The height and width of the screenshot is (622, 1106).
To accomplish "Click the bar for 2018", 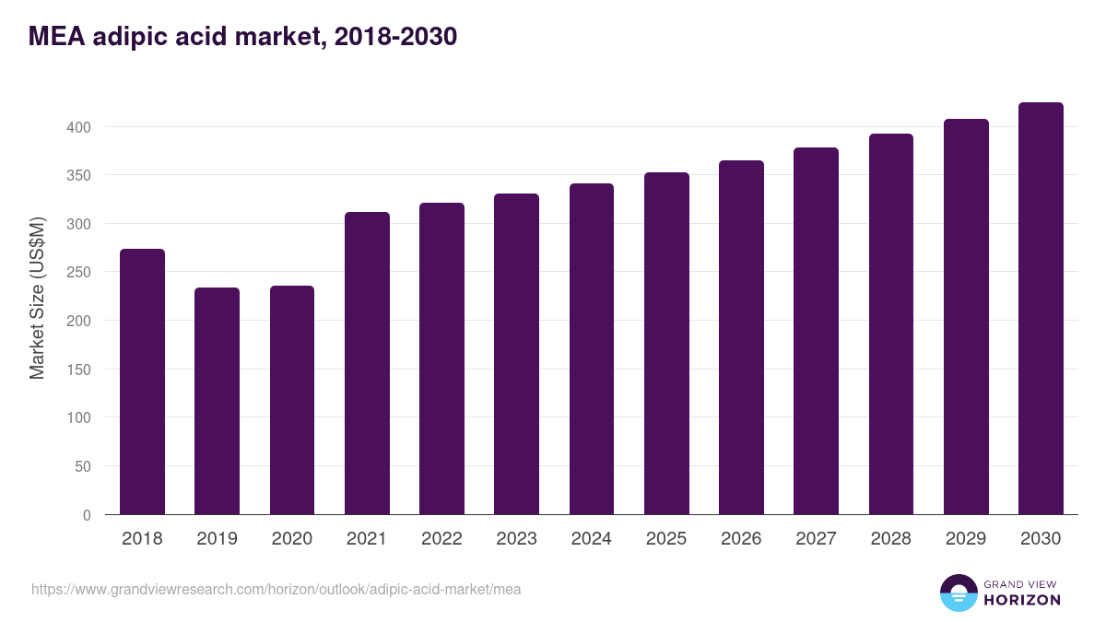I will pyautogui.click(x=142, y=381).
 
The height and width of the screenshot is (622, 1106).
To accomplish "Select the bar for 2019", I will pyautogui.click(x=217, y=401).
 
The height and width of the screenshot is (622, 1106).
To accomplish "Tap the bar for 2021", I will pyautogui.click(x=367, y=363).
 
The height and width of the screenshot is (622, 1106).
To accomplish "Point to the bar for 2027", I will pyautogui.click(x=816, y=331).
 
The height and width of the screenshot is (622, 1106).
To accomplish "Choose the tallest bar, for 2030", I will pyautogui.click(x=1041, y=308).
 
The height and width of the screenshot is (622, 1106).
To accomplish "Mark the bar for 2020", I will pyautogui.click(x=292, y=400).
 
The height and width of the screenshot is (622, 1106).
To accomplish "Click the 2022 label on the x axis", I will pyautogui.click(x=441, y=539).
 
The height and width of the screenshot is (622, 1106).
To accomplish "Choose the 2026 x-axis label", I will pyautogui.click(x=741, y=539).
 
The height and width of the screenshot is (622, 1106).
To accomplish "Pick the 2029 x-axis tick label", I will pyautogui.click(x=966, y=539).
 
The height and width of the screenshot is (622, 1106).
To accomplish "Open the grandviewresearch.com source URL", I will pyautogui.click(x=276, y=589).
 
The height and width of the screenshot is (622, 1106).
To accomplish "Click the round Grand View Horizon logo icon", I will pyautogui.click(x=958, y=593).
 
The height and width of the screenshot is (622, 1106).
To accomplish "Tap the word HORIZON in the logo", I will pyautogui.click(x=1022, y=600).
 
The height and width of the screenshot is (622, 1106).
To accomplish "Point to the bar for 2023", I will pyautogui.click(x=516, y=354).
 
